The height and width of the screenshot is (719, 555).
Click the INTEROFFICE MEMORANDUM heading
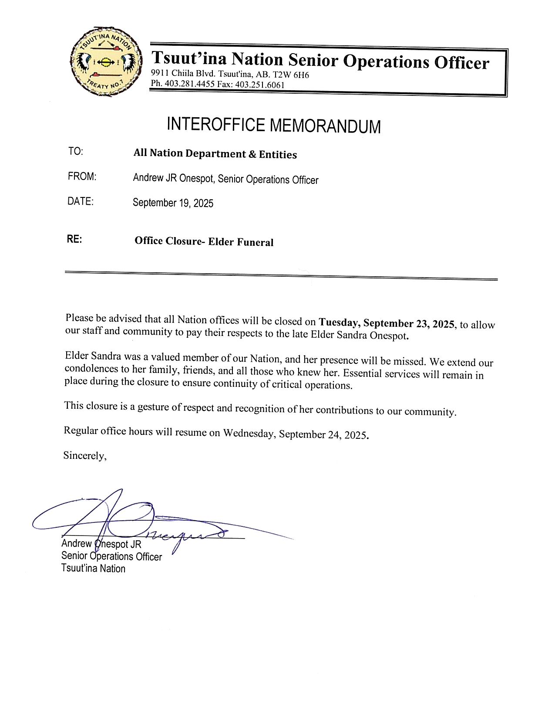click(x=273, y=125)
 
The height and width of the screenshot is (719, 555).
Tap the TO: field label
click(x=75, y=152)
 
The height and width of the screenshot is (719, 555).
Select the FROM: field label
click(x=82, y=176)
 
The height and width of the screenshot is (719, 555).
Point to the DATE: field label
click(x=81, y=201)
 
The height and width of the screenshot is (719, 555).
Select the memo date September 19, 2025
click(x=173, y=203)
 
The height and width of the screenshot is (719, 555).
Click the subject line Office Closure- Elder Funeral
click(x=204, y=241)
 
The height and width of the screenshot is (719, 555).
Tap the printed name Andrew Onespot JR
click(x=101, y=544)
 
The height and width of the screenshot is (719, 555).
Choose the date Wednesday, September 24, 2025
click(x=296, y=434)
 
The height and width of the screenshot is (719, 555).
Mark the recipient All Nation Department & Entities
click(x=215, y=154)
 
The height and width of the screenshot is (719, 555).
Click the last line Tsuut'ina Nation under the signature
click(x=93, y=568)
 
